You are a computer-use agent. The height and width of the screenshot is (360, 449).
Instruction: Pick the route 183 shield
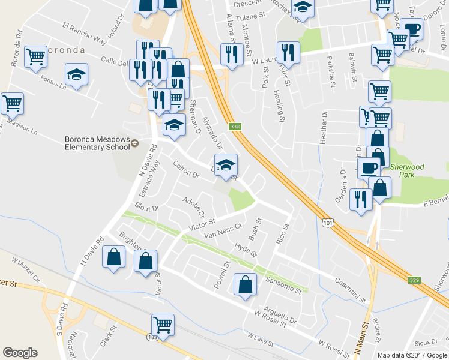point(154,338)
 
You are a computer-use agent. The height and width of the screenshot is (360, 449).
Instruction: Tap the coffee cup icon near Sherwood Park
point(369,167)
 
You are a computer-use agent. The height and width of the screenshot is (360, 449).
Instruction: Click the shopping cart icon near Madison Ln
point(13,103)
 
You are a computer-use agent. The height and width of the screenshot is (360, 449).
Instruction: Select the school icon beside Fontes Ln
point(76,74)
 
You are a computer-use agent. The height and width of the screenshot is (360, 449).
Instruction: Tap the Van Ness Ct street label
point(223,231)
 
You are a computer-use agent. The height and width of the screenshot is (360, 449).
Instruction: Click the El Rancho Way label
point(84,34)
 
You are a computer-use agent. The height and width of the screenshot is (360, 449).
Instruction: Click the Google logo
point(20,353)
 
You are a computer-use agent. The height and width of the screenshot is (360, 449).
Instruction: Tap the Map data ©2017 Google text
point(412,355)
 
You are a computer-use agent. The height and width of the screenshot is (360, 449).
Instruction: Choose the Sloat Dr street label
point(146,208)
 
